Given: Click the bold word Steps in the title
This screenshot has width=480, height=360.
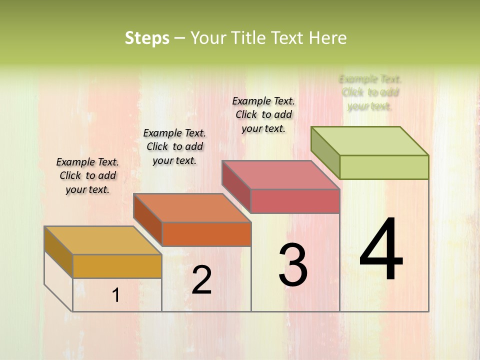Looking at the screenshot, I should (x=147, y=38).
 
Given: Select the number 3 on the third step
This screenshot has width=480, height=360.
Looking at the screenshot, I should (x=292, y=265).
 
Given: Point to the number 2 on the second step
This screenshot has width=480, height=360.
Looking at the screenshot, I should (x=201, y=280).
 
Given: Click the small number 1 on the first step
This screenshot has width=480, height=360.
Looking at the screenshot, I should (x=116, y=295).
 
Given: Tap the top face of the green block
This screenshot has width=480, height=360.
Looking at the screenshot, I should (x=370, y=140).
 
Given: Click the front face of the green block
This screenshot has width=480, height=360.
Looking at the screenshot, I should (x=384, y=167).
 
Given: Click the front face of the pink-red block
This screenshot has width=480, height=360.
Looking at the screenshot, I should (x=295, y=201).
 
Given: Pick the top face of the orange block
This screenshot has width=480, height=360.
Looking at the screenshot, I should (x=192, y=208).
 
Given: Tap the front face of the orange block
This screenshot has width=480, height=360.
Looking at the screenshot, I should (x=206, y=234).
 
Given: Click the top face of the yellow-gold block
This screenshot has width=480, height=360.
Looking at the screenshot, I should (x=103, y=240).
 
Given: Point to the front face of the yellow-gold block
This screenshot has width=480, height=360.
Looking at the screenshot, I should (x=117, y=266).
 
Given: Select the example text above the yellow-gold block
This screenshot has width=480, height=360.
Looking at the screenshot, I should (x=87, y=175).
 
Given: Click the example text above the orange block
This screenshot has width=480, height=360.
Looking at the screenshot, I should (x=174, y=146).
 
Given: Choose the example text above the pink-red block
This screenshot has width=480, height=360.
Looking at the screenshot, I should (x=263, y=114).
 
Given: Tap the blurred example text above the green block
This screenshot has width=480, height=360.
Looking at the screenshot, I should (x=370, y=92).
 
